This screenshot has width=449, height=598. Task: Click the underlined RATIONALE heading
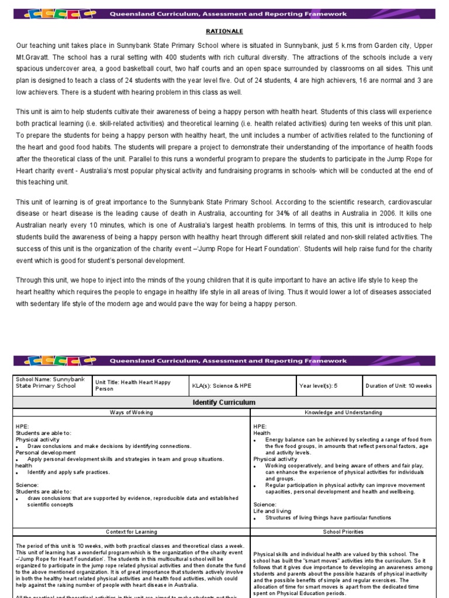pos(224,31)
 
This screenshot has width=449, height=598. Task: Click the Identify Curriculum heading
pos(224,402)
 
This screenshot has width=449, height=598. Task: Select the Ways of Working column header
pos(132,412)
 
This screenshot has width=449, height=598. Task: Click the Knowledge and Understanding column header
pos(343,412)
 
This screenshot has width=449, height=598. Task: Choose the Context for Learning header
pos(132,532)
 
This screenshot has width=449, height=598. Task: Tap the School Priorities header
pos(343,532)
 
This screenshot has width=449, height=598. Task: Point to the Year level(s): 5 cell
pos(319,386)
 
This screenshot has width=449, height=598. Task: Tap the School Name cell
pos(51,383)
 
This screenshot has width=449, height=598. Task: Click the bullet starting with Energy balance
pos(348,446)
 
